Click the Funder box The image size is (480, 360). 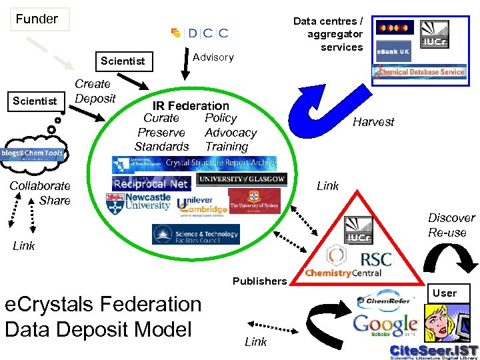tap(38, 19)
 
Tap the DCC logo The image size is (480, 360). tap(199, 33)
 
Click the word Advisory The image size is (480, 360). tap(213, 57)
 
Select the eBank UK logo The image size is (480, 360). tap(393, 51)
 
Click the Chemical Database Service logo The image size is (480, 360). tap(421, 71)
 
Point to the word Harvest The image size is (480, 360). tap(373, 122)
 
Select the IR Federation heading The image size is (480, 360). tap(191, 105)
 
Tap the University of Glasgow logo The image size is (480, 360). tap(241, 179)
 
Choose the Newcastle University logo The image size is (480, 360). tap(139, 202)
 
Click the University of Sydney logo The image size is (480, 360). tap(253, 201)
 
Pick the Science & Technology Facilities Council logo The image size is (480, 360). tap(195, 234)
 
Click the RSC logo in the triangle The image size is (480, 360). tap(375, 259)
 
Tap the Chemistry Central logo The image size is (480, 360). tap(343, 273)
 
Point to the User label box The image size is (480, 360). tap(445, 293)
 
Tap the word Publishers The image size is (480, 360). tap(259, 281)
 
